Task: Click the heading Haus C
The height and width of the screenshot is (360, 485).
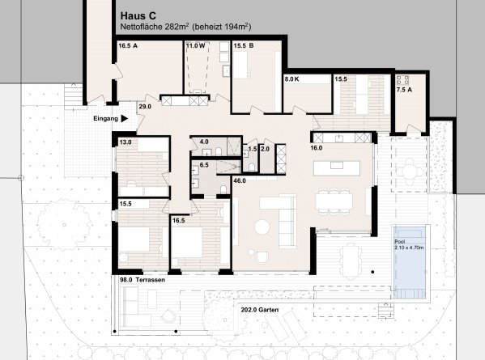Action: pyautogui.click(x=138, y=15)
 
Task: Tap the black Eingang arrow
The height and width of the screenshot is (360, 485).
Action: pyautogui.click(x=125, y=118)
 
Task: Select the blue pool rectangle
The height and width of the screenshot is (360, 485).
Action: pyautogui.click(x=409, y=263)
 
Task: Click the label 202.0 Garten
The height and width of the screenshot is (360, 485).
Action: pyautogui.click(x=260, y=310)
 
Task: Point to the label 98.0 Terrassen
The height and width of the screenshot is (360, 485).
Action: pyautogui.click(x=143, y=280)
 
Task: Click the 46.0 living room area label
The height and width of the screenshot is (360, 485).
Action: pyautogui.click(x=240, y=180)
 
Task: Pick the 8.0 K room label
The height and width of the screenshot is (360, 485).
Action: pyautogui.click(x=291, y=79)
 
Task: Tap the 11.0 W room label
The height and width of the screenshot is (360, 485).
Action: pyautogui.click(x=195, y=46)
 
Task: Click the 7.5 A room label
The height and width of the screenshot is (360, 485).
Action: pyautogui.click(x=404, y=90)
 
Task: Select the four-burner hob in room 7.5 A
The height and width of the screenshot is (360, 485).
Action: pyautogui.click(x=402, y=80)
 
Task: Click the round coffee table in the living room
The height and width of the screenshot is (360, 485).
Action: pyautogui.click(x=262, y=227)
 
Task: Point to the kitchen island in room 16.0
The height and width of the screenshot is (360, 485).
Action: pyautogui.click(x=337, y=168)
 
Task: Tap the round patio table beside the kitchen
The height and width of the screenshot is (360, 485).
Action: pyautogui.click(x=410, y=172)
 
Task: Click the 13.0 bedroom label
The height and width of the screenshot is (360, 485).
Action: pyautogui.click(x=126, y=142)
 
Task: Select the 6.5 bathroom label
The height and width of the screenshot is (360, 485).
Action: pyautogui.click(x=204, y=165)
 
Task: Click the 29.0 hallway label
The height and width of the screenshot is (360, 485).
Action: pyautogui.click(x=145, y=107)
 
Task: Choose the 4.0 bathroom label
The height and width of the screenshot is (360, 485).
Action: pyautogui.click(x=204, y=142)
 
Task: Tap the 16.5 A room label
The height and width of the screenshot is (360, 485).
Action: pyautogui.click(x=128, y=46)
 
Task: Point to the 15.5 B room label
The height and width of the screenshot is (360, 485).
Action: pyautogui.click(x=244, y=46)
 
